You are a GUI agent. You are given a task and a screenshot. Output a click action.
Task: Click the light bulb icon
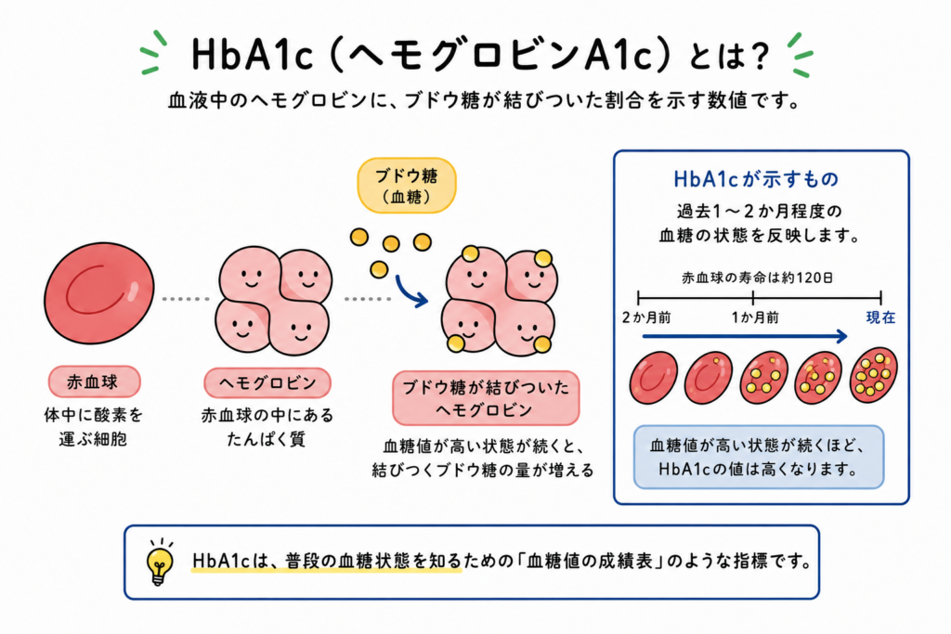point(160,563)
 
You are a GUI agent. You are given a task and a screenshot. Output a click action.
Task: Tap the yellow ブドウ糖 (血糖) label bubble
point(407,186)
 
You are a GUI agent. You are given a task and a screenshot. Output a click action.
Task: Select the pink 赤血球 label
point(94,382)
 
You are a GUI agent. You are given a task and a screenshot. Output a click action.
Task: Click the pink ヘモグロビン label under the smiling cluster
point(267,383)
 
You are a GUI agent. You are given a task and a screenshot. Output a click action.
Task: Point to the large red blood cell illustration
point(98,292)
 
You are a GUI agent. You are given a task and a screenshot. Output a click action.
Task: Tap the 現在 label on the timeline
point(880,317)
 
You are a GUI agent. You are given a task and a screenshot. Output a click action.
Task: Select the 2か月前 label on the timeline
point(646,317)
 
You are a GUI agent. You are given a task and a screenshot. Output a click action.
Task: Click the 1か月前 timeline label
point(754,317)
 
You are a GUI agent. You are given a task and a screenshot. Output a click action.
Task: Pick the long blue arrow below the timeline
point(745,336)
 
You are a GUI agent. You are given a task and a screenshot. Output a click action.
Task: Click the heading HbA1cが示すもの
point(756,179)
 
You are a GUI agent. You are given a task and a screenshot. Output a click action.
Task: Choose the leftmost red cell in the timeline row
point(653,378)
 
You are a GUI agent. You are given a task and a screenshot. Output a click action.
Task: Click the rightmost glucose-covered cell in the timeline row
point(873,376)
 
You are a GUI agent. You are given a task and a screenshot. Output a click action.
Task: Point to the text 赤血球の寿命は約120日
point(757,278)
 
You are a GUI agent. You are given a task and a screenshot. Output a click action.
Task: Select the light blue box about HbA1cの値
point(758,457)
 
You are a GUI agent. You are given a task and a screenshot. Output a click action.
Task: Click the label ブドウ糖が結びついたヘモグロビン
point(486,398)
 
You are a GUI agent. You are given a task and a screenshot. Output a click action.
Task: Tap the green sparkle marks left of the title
point(153,53)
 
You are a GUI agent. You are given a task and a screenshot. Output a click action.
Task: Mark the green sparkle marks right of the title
point(800,55)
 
